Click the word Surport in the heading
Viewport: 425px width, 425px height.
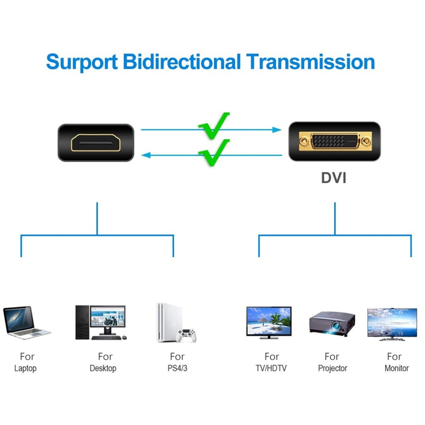(82, 62)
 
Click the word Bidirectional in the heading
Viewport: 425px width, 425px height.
(182, 61)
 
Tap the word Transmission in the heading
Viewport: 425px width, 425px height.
(311, 62)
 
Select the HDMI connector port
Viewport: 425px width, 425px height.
(96, 142)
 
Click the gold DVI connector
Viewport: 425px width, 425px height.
(335, 141)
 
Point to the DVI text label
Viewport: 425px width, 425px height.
(334, 178)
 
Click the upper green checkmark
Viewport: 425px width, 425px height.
(214, 126)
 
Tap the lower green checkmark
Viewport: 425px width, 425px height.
(214, 152)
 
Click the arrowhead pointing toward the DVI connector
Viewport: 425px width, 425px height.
(277, 130)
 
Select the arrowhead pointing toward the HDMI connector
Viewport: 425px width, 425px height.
(146, 155)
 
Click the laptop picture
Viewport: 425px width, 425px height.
(26, 322)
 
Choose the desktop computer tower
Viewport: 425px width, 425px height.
(82, 322)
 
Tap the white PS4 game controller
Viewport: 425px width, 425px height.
(186, 335)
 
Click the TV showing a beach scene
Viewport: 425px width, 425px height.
(269, 322)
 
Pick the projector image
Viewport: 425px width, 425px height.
(332, 324)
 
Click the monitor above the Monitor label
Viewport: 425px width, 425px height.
(392, 324)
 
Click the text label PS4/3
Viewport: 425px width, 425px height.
(177, 368)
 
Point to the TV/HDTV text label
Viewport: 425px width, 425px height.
(271, 368)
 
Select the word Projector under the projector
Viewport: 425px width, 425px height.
(333, 368)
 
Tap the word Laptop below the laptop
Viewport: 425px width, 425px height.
(25, 369)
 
